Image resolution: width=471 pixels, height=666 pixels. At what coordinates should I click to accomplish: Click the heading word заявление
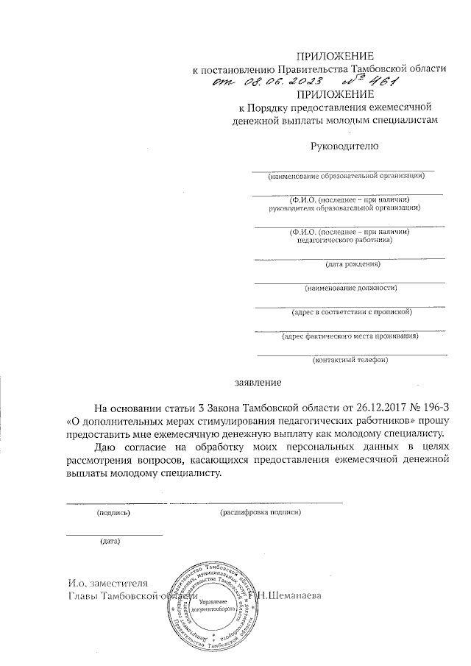coord(257,383)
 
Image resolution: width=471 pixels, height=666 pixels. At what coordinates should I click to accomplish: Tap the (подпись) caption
coord(113,511)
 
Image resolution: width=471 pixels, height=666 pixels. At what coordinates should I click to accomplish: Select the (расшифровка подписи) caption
coord(261,511)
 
